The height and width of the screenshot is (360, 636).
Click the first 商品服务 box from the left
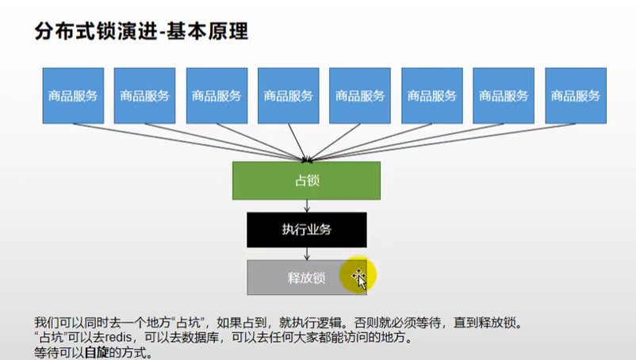(73, 95)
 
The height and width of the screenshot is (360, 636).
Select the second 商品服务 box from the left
(144, 95)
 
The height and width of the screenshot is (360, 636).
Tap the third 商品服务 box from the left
(216, 95)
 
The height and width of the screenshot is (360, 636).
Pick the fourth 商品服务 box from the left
(289, 95)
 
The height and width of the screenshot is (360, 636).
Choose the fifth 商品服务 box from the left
(360, 95)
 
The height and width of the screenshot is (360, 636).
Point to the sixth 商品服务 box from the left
(432, 95)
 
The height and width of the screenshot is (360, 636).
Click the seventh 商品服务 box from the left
(504, 95)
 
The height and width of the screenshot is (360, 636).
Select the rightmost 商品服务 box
(576, 95)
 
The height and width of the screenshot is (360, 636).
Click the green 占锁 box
(306, 181)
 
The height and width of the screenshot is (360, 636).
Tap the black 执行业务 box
(306, 230)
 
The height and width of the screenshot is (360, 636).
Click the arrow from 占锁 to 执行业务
(306, 206)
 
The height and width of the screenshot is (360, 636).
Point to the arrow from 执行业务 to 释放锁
(306, 254)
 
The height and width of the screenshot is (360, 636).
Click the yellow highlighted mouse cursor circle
(358, 275)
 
